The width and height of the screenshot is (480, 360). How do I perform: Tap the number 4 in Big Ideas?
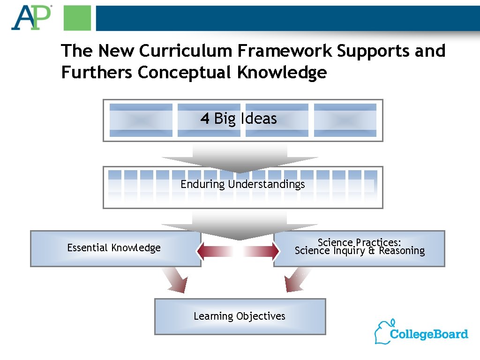[x=205, y=119]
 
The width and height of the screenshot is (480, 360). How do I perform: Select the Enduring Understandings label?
[x=243, y=184]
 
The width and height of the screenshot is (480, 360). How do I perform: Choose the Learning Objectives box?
[x=240, y=317]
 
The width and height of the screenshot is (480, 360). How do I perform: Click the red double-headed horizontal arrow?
[x=237, y=251]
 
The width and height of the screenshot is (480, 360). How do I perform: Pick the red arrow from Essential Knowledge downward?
[x=174, y=280]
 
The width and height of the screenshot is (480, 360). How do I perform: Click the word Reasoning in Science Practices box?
[x=402, y=251]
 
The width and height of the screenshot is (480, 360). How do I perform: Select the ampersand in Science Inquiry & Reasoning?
[x=373, y=251]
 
